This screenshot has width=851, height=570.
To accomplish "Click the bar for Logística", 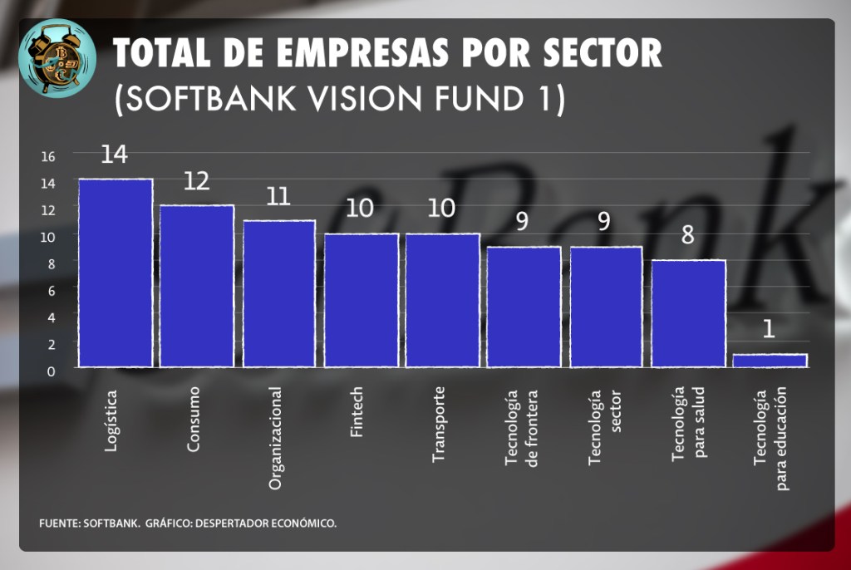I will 116,273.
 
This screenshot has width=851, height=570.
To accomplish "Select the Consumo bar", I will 197,286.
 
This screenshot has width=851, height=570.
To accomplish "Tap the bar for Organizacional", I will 279,293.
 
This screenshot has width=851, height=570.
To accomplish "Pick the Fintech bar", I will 361,300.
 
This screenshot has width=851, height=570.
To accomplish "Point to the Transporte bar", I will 442,300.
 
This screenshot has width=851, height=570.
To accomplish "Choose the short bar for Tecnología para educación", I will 770,361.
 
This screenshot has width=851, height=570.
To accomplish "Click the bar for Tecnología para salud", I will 688,313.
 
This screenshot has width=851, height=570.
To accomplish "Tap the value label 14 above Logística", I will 114,155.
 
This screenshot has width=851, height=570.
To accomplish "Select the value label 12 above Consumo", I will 196,181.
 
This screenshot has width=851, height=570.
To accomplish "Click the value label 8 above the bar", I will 687,235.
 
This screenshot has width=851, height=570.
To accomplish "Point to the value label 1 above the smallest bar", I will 769,330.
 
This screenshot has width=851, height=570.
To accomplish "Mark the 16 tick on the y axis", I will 47,156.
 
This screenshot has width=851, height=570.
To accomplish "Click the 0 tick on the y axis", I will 50,371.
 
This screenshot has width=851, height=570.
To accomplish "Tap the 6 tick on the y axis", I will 50,290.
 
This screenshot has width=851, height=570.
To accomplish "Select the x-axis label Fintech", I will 357,413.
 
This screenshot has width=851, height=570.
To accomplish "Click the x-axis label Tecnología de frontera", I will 521,427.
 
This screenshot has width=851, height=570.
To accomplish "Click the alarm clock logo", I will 57,57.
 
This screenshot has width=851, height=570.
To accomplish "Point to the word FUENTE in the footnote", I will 58,523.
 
